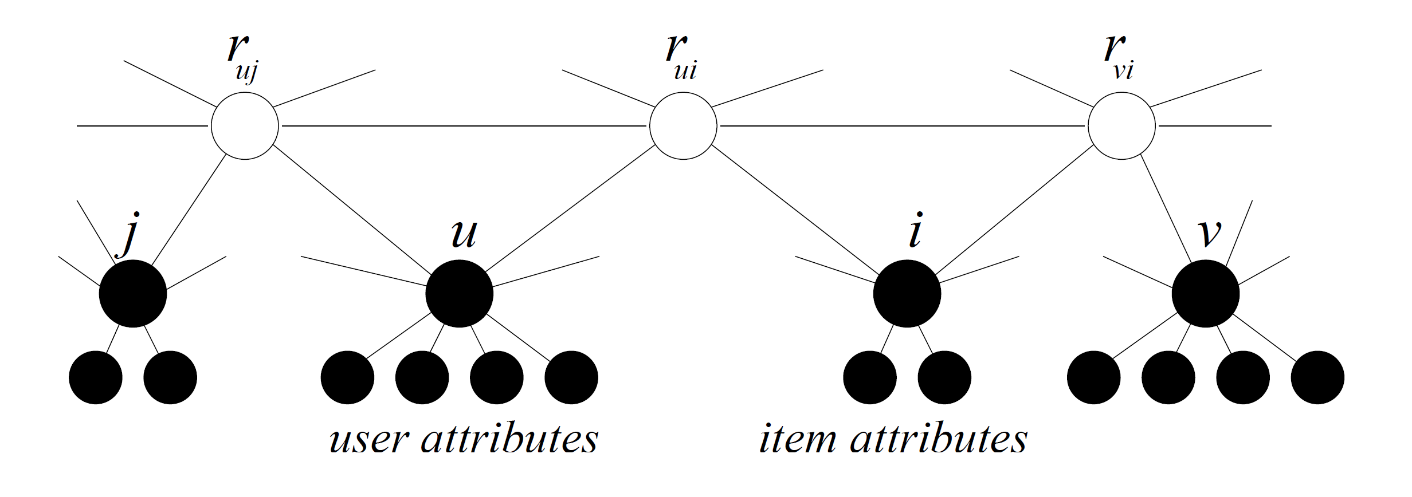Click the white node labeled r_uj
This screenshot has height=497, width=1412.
(245, 126)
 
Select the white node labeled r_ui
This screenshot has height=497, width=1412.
(683, 126)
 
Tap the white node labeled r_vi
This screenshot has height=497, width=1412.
(1121, 126)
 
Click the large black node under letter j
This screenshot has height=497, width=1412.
(133, 294)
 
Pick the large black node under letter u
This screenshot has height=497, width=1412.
(459, 294)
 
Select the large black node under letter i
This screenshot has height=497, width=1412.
(907, 294)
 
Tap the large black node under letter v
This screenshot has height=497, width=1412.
(1206, 294)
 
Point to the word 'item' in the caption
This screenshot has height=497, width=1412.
(797, 440)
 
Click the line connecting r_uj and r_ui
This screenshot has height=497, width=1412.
(464, 125)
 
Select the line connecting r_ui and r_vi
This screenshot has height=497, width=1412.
(903, 125)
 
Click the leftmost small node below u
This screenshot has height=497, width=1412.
(347, 378)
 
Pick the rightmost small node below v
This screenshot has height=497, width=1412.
(1317, 378)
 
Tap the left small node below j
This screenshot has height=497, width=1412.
(96, 378)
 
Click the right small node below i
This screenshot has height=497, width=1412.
(944, 378)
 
